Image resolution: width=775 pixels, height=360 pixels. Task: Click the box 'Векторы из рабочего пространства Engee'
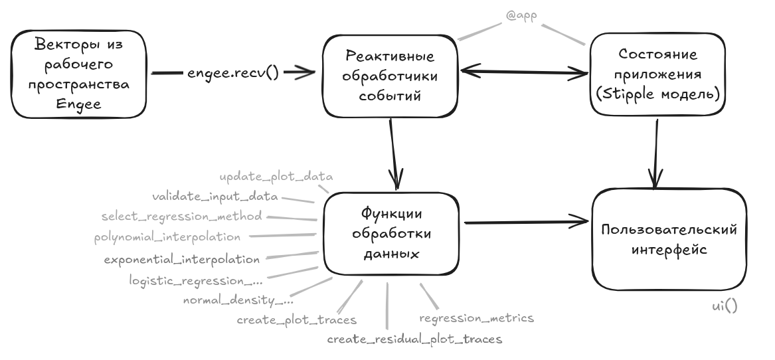pos(80,77)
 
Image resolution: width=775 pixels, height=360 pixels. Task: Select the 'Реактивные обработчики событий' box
pos(391,77)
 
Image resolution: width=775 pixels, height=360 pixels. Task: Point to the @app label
pos(522,14)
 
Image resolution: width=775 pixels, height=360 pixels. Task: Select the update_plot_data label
pos(276,177)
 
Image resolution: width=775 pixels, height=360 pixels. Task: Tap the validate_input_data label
pos(215,197)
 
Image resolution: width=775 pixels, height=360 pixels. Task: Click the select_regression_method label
pos(181,216)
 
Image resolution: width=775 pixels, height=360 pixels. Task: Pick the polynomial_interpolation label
pos(167,236)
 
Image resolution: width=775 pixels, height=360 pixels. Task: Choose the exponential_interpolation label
pos(181,258)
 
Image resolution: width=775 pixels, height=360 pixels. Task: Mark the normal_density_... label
pos(238,300)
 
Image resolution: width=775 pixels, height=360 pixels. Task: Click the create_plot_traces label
pos(297,320)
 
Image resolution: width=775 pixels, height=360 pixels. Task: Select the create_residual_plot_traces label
pos(414,339)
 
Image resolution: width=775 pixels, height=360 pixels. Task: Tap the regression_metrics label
pos(476,318)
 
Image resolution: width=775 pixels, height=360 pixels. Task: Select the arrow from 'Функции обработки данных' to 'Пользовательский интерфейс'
pos(527,221)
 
